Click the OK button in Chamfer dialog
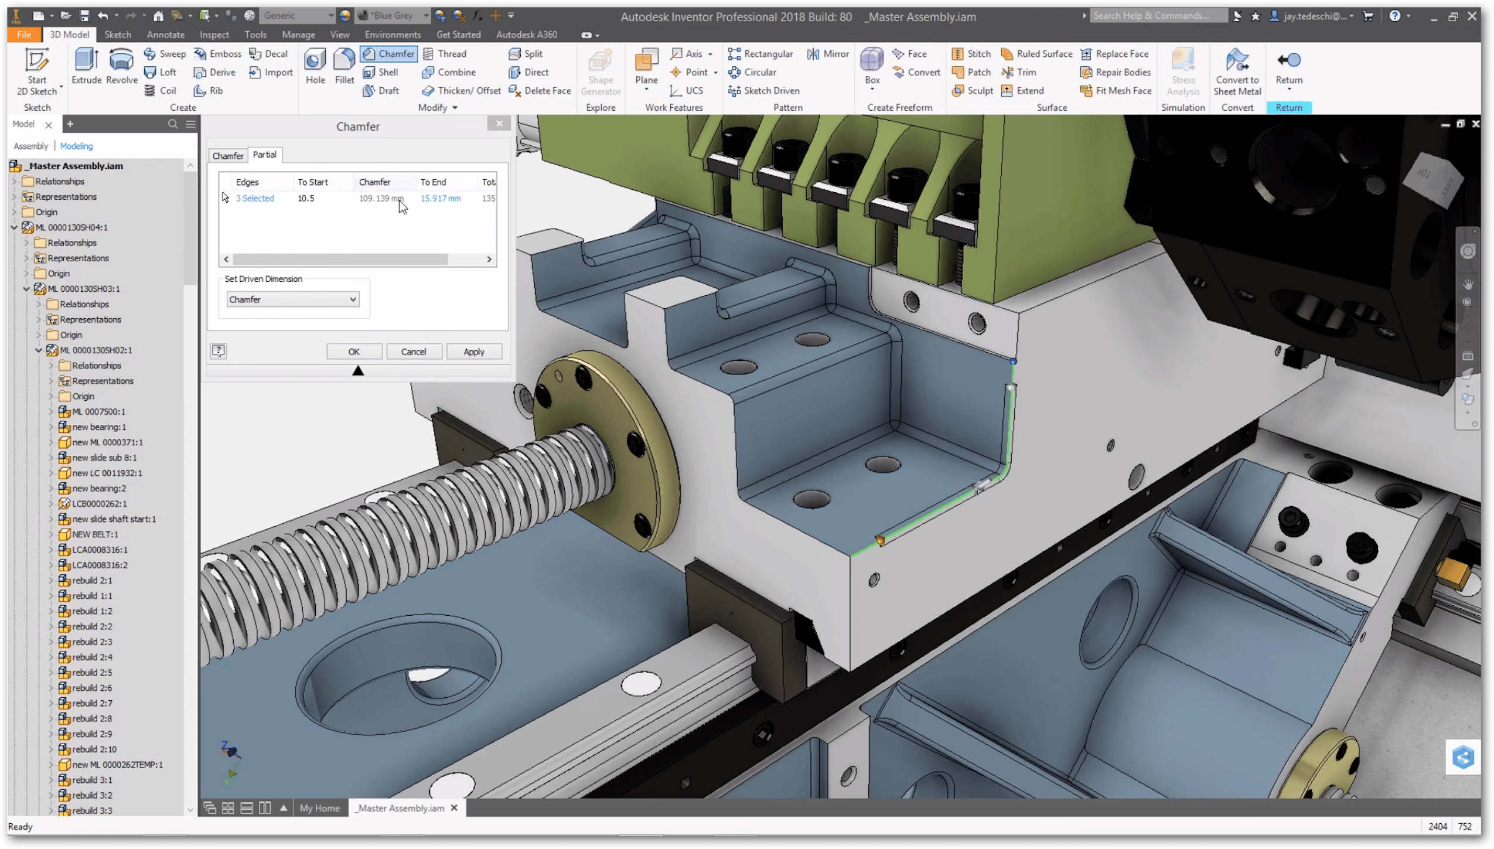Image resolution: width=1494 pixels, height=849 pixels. [354, 352]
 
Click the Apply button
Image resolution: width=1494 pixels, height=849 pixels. [473, 352]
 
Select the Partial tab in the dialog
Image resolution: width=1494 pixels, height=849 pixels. [264, 155]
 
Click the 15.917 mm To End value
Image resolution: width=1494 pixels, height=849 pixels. [440, 198]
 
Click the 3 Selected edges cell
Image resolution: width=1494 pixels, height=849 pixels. [255, 198]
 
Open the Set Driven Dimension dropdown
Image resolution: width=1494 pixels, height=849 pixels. [292, 299]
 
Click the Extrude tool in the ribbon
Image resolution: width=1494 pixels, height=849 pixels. [86, 66]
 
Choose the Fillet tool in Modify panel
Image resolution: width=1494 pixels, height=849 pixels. [344, 66]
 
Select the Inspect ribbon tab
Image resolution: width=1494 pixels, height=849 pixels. [214, 35]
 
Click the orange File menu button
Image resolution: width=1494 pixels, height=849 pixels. [23, 35]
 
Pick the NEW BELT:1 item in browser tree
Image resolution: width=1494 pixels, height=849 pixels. [95, 534]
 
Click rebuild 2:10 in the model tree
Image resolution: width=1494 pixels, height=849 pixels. [94, 749]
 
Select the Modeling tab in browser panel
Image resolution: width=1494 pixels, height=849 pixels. [76, 146]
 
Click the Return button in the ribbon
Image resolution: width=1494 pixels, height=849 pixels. [1288, 67]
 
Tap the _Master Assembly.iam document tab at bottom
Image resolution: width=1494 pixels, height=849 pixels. [401, 808]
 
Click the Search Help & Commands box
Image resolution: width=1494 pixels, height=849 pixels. [1157, 16]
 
